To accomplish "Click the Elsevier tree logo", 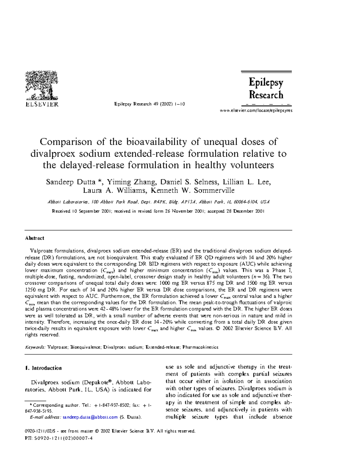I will [42, 85].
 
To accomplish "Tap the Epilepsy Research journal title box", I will [266, 89].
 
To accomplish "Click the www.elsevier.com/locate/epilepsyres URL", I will [256, 110].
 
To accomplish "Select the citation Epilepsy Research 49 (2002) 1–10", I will [149, 104].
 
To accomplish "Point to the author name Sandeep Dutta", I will [70, 182].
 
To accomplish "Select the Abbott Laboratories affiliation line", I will [158, 202].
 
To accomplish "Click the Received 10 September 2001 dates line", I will [158, 211].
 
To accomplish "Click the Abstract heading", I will [34, 238].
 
